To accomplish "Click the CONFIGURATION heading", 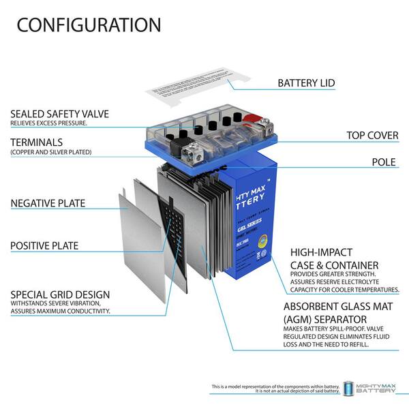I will click(89, 25).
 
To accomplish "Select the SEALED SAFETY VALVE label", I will click(59, 114).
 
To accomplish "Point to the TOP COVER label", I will click(372, 136).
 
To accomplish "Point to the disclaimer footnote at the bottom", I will click(275, 389).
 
